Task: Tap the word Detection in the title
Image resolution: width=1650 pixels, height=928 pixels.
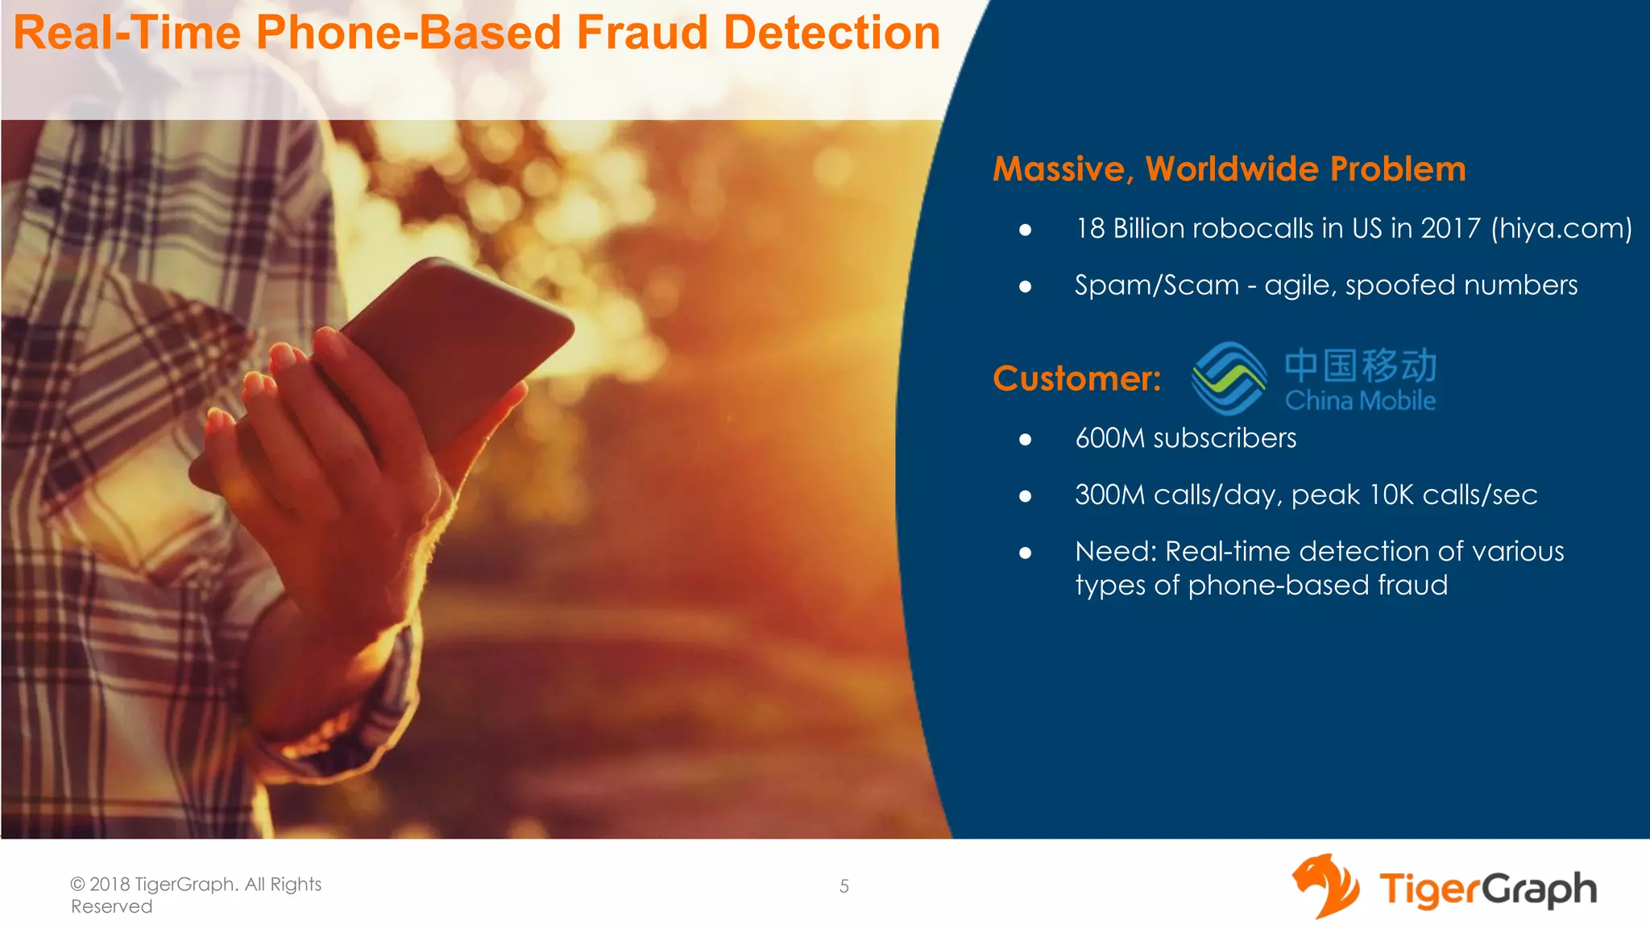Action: pyautogui.click(x=831, y=33)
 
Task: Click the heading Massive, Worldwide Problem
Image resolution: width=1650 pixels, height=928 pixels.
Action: pyautogui.click(x=1229, y=169)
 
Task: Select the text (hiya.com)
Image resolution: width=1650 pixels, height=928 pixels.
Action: pyautogui.click(x=1561, y=229)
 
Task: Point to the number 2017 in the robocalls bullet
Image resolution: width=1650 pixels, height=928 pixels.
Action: pyautogui.click(x=1450, y=229)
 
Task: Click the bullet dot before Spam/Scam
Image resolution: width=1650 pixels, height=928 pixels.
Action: pyautogui.click(x=1025, y=287)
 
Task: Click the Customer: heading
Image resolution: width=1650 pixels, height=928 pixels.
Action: pyautogui.click(x=1076, y=379)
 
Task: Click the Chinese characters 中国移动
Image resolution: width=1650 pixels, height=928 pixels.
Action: pyautogui.click(x=1360, y=365)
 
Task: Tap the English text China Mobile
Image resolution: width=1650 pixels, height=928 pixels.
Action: pyautogui.click(x=1360, y=400)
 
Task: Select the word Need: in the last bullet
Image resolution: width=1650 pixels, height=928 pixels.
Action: pyautogui.click(x=1115, y=552)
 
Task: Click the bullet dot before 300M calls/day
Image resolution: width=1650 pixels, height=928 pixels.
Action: pyautogui.click(x=1025, y=496)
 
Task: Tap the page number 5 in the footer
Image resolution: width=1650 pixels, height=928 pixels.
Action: pyautogui.click(x=844, y=886)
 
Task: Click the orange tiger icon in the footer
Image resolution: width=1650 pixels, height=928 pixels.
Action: pyautogui.click(x=1325, y=886)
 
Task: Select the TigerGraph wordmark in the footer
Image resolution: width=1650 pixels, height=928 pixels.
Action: pyautogui.click(x=1487, y=889)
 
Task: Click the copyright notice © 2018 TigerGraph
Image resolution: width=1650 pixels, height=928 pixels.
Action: pyautogui.click(x=196, y=884)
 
